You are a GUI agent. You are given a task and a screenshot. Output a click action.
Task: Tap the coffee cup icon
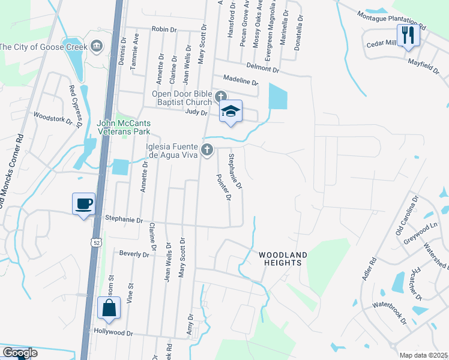83,203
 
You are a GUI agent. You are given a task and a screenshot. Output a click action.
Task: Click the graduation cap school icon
231,111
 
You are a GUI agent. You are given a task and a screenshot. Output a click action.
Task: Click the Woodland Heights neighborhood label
283,259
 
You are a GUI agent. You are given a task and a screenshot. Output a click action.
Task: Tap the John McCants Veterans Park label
124,127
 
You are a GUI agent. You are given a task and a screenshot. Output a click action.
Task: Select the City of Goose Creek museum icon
97,47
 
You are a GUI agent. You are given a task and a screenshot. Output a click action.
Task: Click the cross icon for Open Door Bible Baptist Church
221,96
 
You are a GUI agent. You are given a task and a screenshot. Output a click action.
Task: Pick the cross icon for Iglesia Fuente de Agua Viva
207,149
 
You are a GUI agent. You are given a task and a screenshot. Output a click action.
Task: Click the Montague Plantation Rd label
391,22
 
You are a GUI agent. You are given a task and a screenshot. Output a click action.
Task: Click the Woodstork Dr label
53,118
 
